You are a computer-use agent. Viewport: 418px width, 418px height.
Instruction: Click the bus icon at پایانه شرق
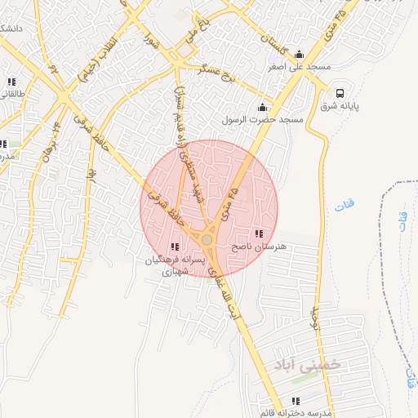[x=339, y=93]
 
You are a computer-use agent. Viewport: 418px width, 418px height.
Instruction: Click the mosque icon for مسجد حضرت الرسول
[x=262, y=107]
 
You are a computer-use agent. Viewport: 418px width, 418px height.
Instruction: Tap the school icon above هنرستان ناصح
[x=259, y=233]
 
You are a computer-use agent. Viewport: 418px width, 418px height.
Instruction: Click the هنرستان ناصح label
[x=256, y=246]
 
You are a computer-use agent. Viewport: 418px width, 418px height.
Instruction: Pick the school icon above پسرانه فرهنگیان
[x=175, y=247]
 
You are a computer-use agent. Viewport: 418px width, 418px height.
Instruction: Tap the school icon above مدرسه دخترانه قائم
[x=296, y=401]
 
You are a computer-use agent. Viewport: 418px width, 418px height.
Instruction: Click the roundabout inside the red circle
[x=207, y=240]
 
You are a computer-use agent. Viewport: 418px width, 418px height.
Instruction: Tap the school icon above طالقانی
[x=11, y=82]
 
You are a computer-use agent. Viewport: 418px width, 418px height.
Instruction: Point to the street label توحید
[x=314, y=318]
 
